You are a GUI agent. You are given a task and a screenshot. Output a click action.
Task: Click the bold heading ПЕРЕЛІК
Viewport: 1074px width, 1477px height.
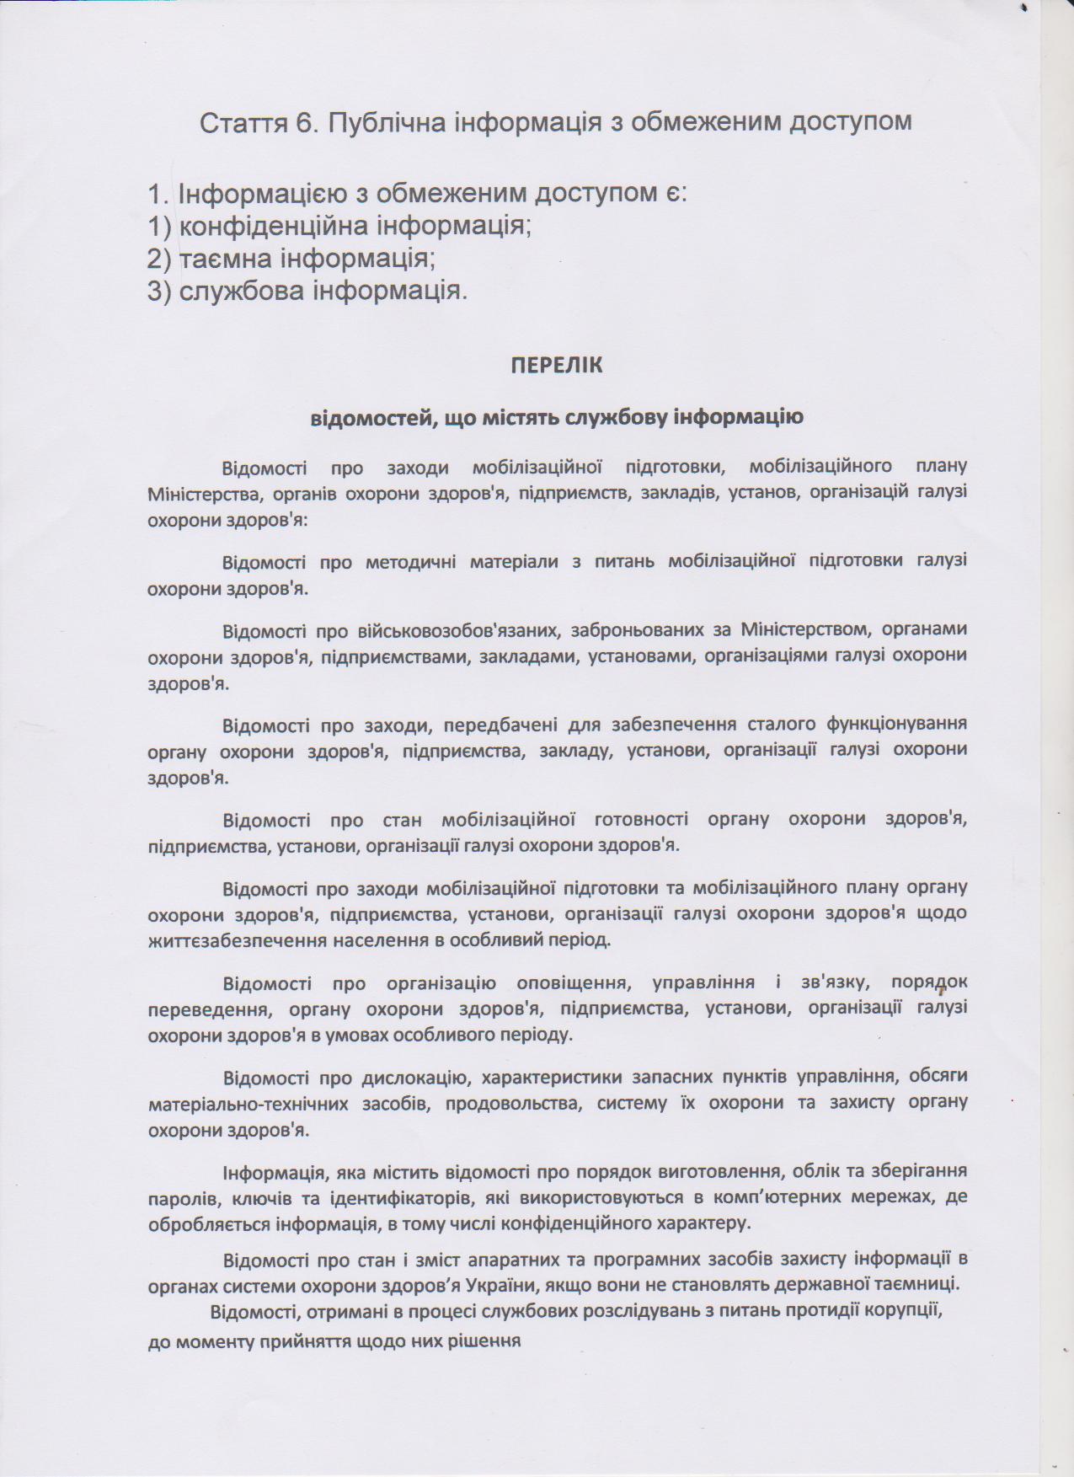coord(557,365)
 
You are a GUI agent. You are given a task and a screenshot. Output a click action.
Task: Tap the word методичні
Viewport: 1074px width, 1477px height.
coord(410,561)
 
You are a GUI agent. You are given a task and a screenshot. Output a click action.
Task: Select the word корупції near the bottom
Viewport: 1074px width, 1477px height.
coord(904,1312)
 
